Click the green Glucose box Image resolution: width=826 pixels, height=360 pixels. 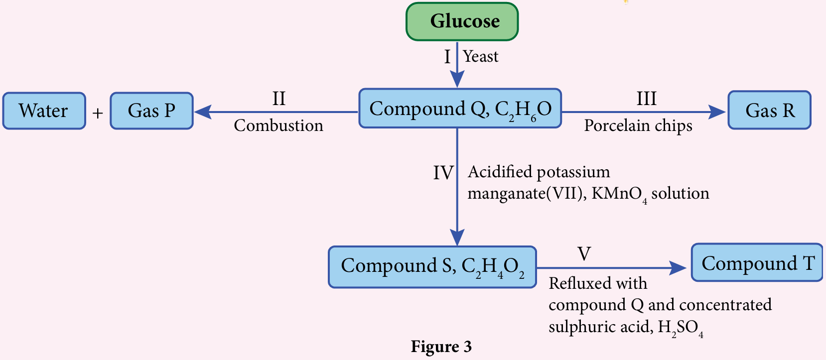click(462, 21)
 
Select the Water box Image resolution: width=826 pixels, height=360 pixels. click(44, 111)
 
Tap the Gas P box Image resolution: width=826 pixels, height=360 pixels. click(151, 111)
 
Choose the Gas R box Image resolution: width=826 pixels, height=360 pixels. click(769, 110)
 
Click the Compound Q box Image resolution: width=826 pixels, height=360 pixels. click(460, 109)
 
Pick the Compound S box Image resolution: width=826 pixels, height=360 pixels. click(432, 266)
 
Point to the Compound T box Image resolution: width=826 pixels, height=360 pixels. click(757, 263)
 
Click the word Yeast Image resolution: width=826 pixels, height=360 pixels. click(480, 56)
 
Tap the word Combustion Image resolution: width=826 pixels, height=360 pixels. click(278, 125)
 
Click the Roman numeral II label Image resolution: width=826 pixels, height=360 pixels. click(279, 99)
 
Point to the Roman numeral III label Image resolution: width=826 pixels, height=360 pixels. click(646, 99)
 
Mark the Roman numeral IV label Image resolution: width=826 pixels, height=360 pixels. click(443, 173)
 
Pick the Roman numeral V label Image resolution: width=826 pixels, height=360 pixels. click(584, 254)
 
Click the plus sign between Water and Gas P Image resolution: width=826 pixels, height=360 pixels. click(98, 114)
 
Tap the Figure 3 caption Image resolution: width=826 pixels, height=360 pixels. click(441, 347)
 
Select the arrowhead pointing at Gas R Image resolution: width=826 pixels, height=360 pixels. click(717, 112)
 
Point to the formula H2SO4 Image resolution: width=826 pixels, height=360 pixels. click(681, 328)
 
